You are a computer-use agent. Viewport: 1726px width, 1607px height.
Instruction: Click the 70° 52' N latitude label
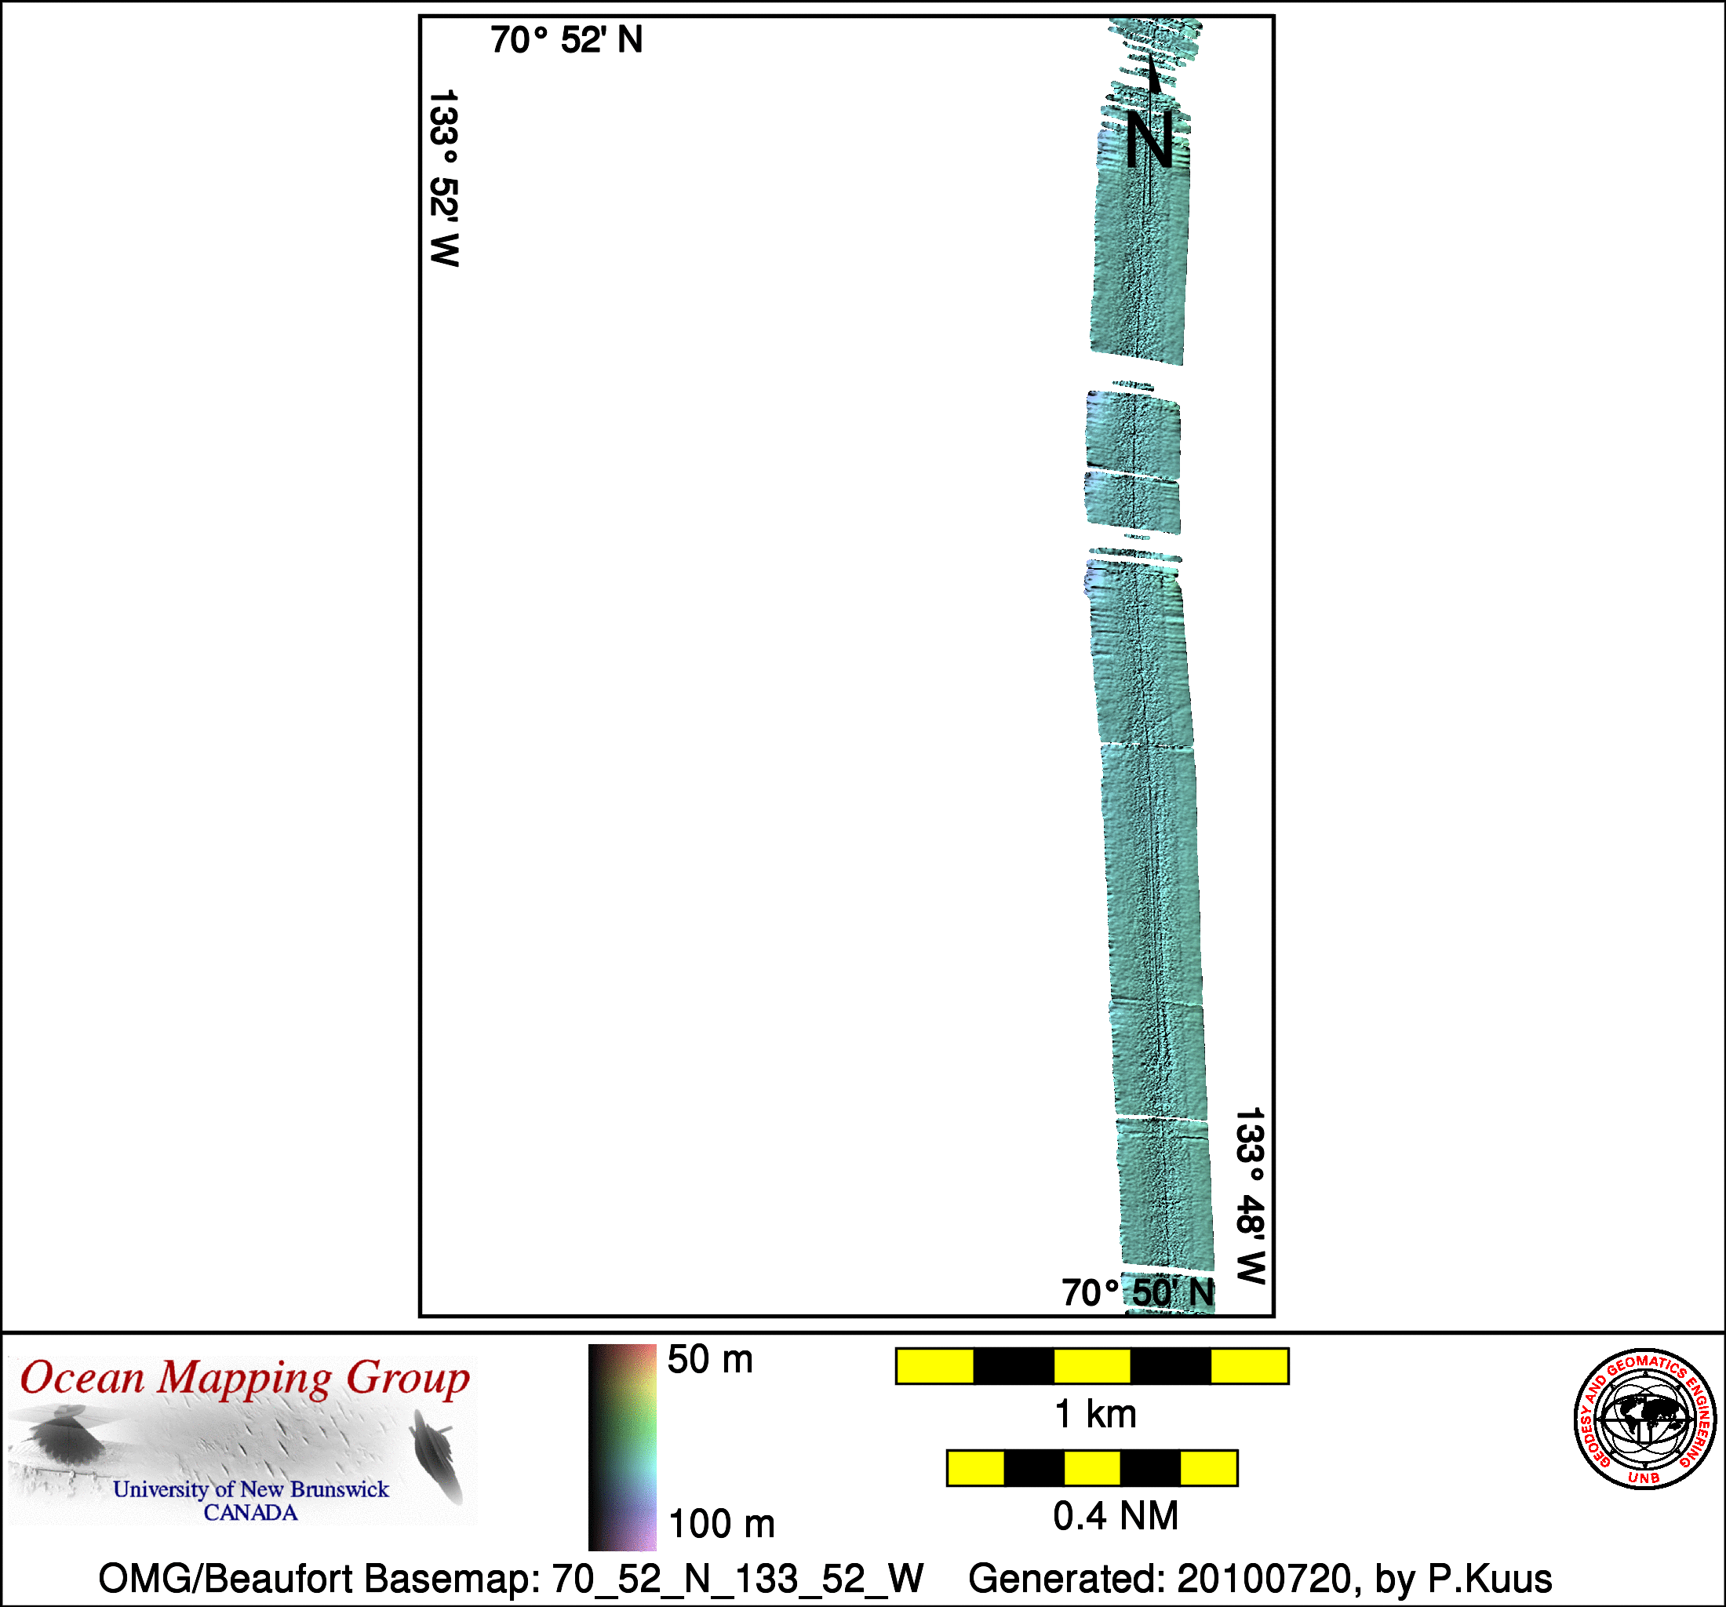[566, 40]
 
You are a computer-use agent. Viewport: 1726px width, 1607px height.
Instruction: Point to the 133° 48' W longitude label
[1251, 1196]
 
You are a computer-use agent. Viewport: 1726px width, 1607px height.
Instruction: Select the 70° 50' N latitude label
[1138, 1292]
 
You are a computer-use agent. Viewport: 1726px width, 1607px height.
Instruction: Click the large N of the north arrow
[1149, 140]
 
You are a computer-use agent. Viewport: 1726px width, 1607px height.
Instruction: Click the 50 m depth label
[709, 1360]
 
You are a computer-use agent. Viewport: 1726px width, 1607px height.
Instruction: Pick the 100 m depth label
[722, 1525]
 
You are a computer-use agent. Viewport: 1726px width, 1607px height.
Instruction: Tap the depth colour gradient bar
[621, 1447]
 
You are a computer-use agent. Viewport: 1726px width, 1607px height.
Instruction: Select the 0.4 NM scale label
[1116, 1516]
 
